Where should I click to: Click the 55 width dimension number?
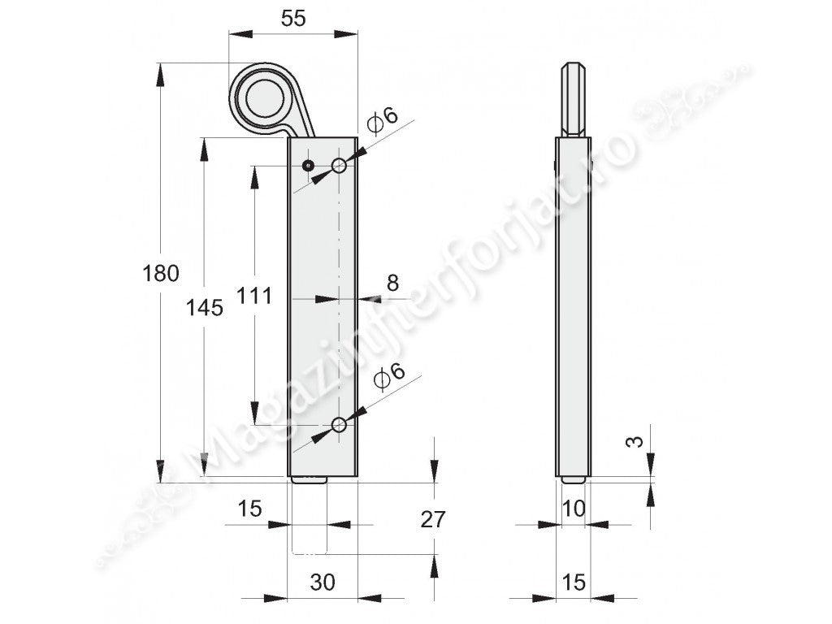(292, 19)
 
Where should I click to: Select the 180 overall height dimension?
(161, 273)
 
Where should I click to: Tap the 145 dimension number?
(204, 308)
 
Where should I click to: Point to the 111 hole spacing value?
(255, 297)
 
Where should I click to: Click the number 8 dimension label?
(392, 283)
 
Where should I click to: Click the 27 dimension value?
(434, 519)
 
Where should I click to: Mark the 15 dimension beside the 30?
(249, 509)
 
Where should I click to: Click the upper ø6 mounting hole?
(339, 167)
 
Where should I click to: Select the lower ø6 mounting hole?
(339, 425)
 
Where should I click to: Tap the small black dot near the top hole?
(308, 167)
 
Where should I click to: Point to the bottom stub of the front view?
(309, 481)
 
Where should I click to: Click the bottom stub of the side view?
(574, 481)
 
